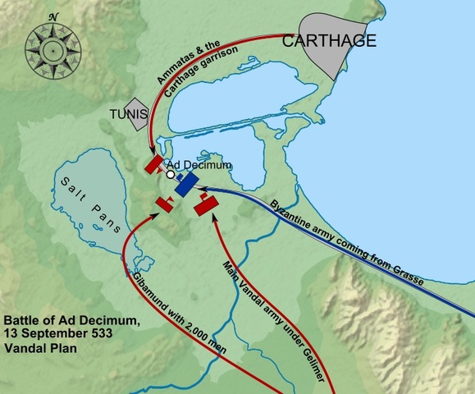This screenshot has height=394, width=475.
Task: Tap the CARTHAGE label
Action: (x=329, y=41)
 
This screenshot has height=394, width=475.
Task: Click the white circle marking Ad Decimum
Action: (x=171, y=174)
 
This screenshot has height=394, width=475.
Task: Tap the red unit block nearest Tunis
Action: (x=153, y=165)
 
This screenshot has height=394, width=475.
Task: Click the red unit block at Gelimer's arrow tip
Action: (x=205, y=204)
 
